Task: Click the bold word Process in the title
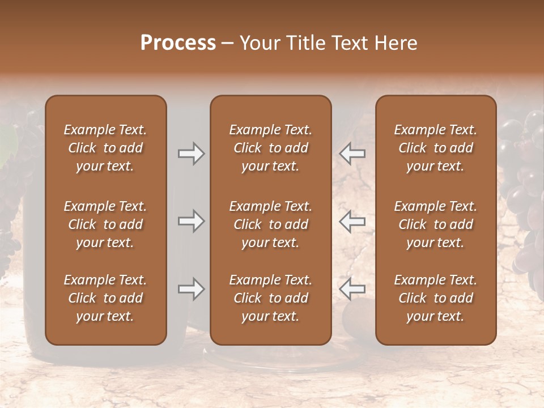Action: click(178, 43)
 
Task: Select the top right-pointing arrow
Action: click(191, 154)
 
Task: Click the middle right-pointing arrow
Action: click(191, 221)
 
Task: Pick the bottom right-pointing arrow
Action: click(191, 289)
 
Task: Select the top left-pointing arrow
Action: click(352, 154)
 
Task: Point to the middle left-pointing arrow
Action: click(352, 221)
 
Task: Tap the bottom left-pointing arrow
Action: click(352, 289)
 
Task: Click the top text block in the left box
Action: click(105, 148)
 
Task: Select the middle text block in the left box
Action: click(105, 224)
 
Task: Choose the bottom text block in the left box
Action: click(105, 298)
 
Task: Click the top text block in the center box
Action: click(270, 148)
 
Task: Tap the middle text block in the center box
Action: click(270, 224)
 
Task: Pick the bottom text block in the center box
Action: click(270, 298)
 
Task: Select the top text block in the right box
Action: click(435, 148)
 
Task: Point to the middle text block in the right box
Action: click(435, 224)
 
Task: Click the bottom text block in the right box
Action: click(435, 298)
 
